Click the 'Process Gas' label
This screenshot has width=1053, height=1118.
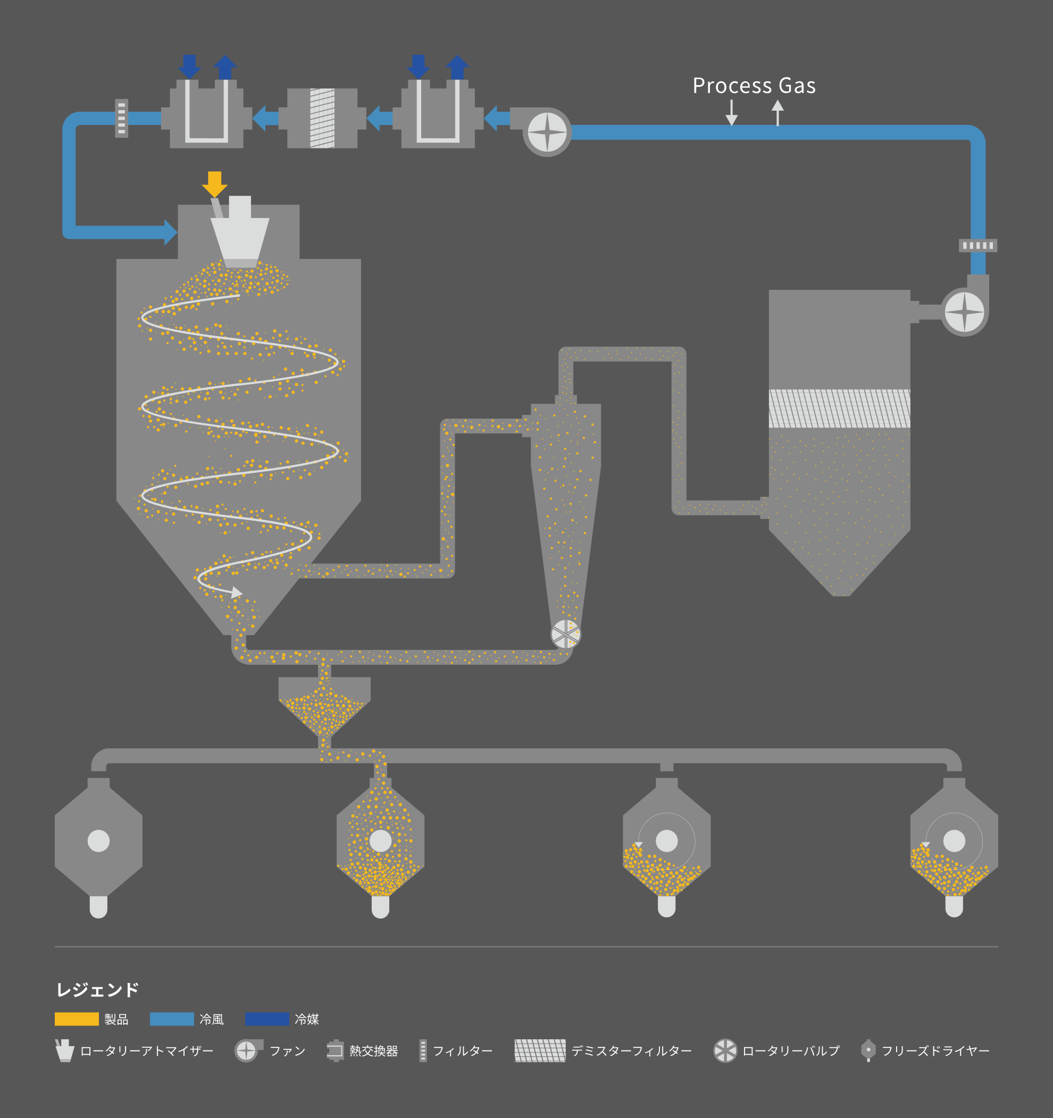pyautogui.click(x=754, y=86)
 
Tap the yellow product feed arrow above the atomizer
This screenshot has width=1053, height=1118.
pyautogui.click(x=214, y=185)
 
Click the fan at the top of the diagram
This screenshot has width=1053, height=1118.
pyautogui.click(x=547, y=132)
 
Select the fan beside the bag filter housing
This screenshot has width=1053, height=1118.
pyautogui.click(x=964, y=312)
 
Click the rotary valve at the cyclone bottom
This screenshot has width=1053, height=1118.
pyautogui.click(x=565, y=635)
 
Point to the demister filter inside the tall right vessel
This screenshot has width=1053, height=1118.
pyautogui.click(x=839, y=408)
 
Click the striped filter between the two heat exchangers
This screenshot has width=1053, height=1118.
pyautogui.click(x=322, y=118)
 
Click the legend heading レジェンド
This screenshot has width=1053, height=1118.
pyautogui.click(x=97, y=990)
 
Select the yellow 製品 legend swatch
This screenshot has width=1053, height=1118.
pyautogui.click(x=77, y=1019)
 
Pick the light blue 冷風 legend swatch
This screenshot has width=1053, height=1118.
pyautogui.click(x=172, y=1019)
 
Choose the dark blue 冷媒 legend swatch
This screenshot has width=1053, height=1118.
pyautogui.click(x=267, y=1019)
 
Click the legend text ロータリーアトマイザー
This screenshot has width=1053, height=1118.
pyautogui.click(x=147, y=1051)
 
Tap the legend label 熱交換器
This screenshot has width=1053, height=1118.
pyautogui.click(x=374, y=1051)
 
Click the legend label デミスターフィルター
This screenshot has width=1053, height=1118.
pyautogui.click(x=631, y=1051)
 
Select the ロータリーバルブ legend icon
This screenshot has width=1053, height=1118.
pyautogui.click(x=725, y=1050)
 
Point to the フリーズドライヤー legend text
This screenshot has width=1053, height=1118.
pyautogui.click(x=935, y=1051)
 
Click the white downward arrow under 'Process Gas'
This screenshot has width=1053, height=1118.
pyautogui.click(x=731, y=112)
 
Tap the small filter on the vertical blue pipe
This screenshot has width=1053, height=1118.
pyautogui.click(x=977, y=246)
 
